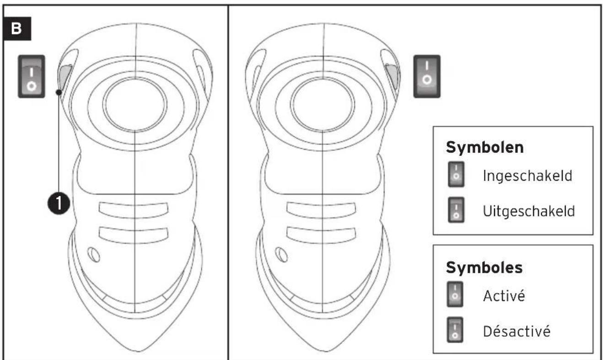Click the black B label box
[17, 28]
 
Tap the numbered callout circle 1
[59, 204]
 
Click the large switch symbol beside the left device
[32, 76]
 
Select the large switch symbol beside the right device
[427, 76]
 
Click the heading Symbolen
[485, 147]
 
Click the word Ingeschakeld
[528, 176]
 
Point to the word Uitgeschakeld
[529, 211]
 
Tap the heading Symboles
[485, 268]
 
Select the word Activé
[504, 296]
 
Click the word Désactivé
[517, 331]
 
